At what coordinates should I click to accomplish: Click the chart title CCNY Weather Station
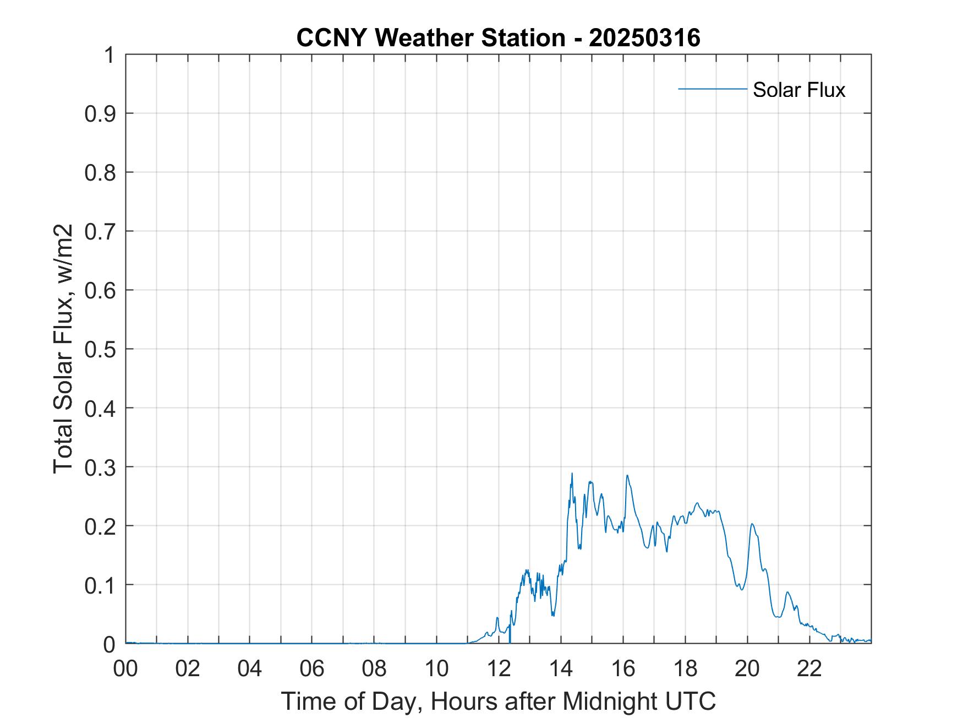coord(430,38)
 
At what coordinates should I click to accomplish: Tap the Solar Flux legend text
coord(798,90)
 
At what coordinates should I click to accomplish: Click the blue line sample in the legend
coord(712,89)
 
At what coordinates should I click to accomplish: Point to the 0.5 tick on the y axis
coord(101,350)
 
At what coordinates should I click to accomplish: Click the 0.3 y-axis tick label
coord(101,467)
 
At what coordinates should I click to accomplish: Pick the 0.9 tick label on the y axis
coord(101,114)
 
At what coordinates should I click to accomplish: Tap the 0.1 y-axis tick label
coord(101,585)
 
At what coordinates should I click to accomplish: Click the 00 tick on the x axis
coord(125,668)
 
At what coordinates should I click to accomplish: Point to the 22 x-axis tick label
coord(809,668)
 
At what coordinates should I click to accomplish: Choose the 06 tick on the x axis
coord(312,668)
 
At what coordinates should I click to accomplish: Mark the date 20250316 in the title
coord(644,38)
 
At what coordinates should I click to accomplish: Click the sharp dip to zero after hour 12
coord(510,642)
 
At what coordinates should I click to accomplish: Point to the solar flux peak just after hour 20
coord(752,524)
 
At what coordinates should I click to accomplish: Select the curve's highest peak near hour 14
coord(572,473)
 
